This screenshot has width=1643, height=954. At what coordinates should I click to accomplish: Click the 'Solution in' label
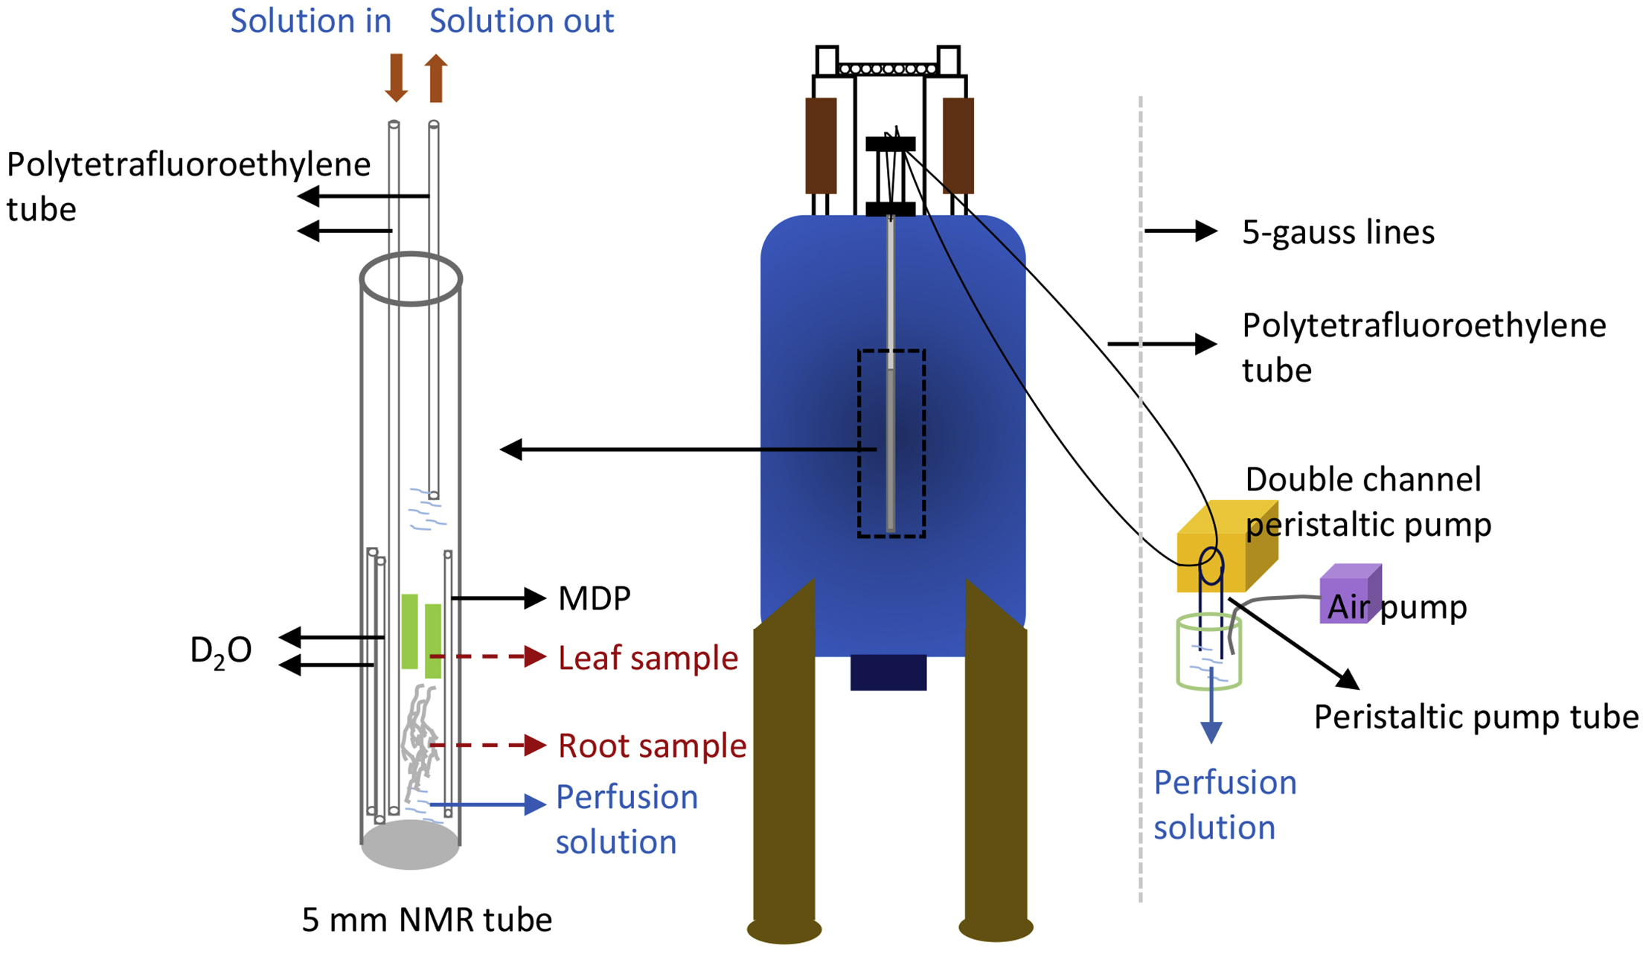[x=310, y=21]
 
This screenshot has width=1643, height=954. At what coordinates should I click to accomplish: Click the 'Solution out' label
[x=521, y=21]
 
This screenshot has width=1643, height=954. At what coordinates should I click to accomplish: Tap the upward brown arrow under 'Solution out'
[x=437, y=77]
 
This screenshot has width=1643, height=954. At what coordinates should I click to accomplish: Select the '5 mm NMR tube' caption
[x=426, y=920]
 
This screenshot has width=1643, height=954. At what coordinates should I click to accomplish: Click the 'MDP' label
[x=594, y=598]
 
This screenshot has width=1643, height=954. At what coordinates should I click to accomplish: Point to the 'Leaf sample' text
[x=647, y=658]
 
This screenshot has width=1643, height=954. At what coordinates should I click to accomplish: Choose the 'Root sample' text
[x=652, y=746]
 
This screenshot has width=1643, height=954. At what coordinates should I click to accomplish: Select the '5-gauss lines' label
[x=1338, y=233]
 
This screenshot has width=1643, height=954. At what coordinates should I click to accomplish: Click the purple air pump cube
[x=1348, y=593]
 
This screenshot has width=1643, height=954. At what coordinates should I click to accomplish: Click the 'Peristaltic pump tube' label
[x=1476, y=717]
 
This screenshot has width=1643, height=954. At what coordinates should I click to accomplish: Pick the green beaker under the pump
[x=1208, y=651]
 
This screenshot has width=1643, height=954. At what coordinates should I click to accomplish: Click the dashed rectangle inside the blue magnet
[x=891, y=444]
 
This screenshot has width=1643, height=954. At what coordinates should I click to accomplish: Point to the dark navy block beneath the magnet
[x=888, y=673]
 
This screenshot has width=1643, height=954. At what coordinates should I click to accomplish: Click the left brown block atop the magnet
[x=821, y=146]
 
